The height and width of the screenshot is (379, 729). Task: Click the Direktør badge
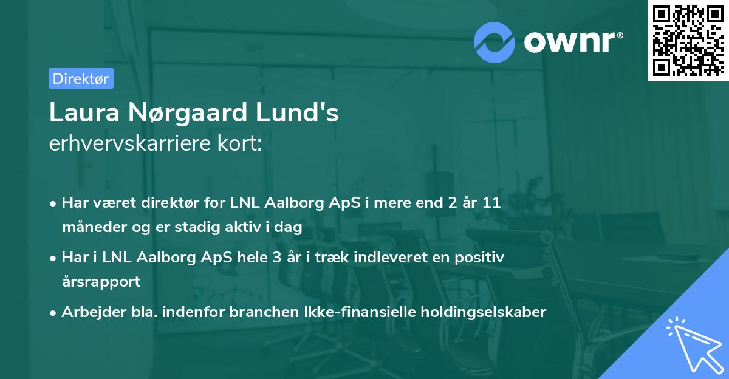[x=81, y=78]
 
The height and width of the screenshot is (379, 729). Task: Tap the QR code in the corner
[x=688, y=41]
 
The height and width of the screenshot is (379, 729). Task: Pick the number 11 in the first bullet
[x=491, y=203]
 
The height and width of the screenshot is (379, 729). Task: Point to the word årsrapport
[x=101, y=282]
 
